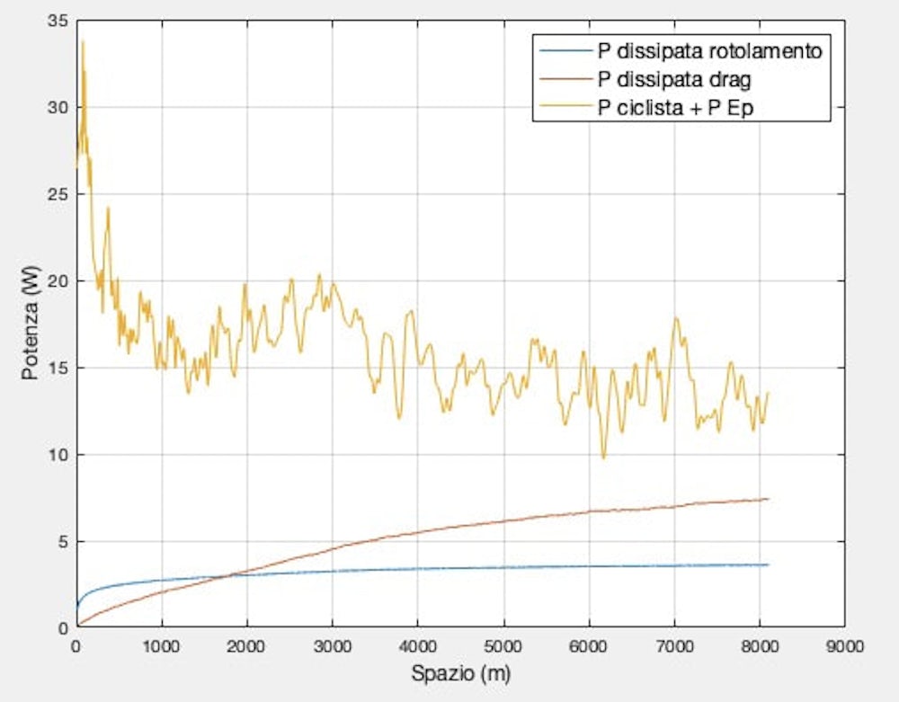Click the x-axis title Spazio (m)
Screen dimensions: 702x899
[459, 671]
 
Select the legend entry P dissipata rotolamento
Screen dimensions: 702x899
[709, 51]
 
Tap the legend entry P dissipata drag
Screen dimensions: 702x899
[674, 79]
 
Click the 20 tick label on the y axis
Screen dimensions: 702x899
[59, 280]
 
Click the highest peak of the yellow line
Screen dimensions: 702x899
[83, 41]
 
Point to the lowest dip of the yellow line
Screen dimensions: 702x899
[603, 458]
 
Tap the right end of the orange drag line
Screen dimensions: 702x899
[768, 499]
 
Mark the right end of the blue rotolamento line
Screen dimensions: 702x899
[768, 564]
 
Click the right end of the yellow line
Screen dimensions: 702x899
[768, 392]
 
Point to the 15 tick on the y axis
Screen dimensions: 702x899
[59, 368]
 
